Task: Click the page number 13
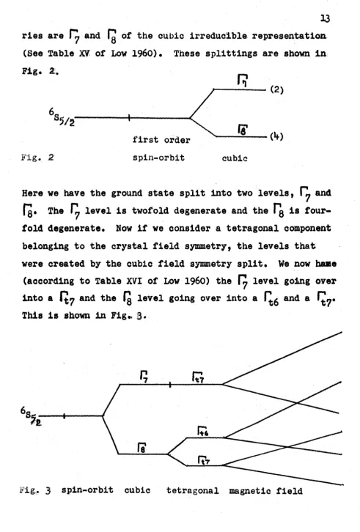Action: [x=325, y=18]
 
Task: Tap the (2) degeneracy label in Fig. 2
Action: [x=277, y=89]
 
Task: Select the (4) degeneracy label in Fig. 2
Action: [x=277, y=136]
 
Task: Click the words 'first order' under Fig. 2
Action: [x=161, y=140]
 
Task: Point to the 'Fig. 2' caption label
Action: [x=37, y=158]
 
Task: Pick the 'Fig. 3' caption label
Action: [x=35, y=490]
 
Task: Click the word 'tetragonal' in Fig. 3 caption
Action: [x=193, y=491]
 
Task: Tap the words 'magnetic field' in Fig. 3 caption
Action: [x=265, y=491]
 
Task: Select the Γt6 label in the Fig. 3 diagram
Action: [x=203, y=431]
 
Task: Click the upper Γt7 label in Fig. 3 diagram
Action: [x=198, y=377]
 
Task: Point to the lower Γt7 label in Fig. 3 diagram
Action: [x=204, y=460]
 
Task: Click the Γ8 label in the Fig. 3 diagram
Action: [x=142, y=448]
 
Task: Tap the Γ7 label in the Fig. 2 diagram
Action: [x=243, y=81]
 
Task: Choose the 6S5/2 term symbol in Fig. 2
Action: [x=62, y=117]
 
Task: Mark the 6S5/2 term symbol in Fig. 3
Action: [x=31, y=416]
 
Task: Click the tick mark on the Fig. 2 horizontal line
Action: [x=129, y=118]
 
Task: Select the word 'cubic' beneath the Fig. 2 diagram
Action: [x=235, y=158]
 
